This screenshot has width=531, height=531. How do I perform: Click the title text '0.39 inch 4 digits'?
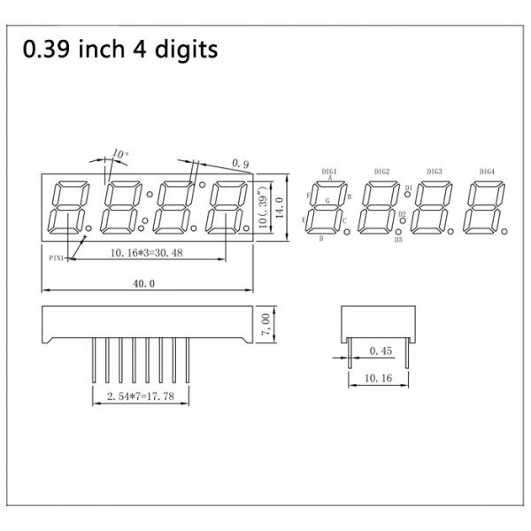pyautogui.click(x=120, y=50)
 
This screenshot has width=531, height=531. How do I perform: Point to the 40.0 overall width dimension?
pyautogui.click(x=143, y=283)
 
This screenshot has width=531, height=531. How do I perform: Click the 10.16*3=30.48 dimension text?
pyautogui.click(x=147, y=253)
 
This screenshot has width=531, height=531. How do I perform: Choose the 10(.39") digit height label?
pyautogui.click(x=263, y=209)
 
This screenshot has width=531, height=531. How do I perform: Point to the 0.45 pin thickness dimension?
pyautogui.click(x=380, y=351)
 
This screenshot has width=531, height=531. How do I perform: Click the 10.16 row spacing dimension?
pyautogui.click(x=378, y=378)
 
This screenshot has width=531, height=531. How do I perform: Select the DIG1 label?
pyautogui.click(x=329, y=171)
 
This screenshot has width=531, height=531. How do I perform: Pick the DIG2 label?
pyautogui.click(x=381, y=171)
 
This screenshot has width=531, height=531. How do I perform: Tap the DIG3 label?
pyautogui.click(x=434, y=171)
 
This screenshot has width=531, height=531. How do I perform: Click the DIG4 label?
pyautogui.click(x=487, y=171)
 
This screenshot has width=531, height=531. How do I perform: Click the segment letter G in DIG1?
pyautogui.click(x=327, y=202)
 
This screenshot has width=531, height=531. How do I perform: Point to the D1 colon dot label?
pyautogui.click(x=408, y=188)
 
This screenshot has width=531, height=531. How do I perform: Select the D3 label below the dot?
pyautogui.click(x=398, y=239)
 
